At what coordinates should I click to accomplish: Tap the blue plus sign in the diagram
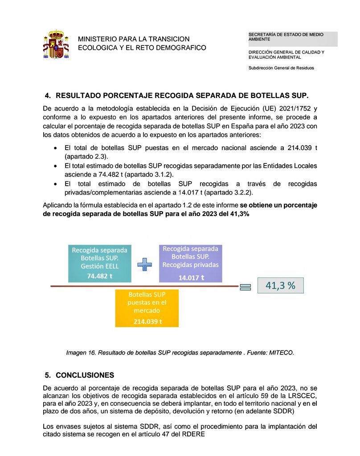point(145,265)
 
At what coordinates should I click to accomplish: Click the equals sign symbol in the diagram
point(245,287)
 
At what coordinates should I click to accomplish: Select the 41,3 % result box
point(280,286)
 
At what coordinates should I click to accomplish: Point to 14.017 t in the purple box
point(191,277)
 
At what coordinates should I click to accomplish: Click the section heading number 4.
point(48,96)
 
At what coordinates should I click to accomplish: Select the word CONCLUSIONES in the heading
point(85,375)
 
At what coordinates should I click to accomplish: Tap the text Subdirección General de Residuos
point(281,68)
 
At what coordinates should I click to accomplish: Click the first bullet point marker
point(55,148)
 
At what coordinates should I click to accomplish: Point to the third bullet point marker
point(55,184)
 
